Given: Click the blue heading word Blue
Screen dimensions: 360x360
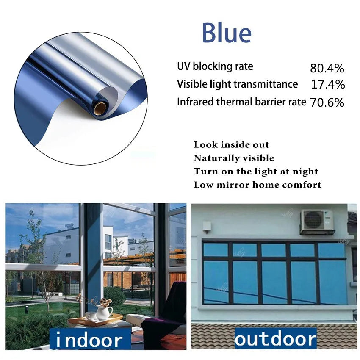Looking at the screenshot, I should click(227, 33).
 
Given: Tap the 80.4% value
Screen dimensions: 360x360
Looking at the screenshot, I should click(327, 68).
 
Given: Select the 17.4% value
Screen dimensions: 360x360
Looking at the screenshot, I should click(328, 84).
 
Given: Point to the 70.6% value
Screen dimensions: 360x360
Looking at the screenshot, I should click(327, 102).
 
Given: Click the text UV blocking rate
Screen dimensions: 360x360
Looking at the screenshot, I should click(215, 66).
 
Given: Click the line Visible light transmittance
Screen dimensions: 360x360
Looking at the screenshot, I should click(237, 84).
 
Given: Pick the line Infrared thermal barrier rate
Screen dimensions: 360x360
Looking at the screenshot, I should click(241, 102).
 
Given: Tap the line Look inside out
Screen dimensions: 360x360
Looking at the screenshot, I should click(231, 145).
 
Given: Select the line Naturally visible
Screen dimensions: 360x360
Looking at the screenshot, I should click(234, 158).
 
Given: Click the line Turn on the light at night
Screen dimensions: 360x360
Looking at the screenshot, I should click(256, 172).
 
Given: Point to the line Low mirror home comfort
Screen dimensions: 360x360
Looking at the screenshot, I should click(257, 185).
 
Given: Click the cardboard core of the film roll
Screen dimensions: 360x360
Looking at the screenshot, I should click(100, 108).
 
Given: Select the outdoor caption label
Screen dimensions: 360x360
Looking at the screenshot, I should click(275, 339).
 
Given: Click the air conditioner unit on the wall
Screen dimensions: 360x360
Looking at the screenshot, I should click(316, 222).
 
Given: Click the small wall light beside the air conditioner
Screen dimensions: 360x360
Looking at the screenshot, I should click(207, 227).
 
